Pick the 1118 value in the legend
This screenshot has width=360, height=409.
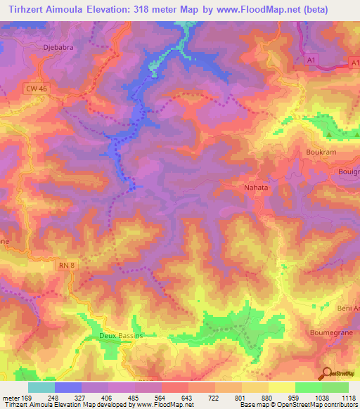coord(348,398)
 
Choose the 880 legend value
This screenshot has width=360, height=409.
coord(267,398)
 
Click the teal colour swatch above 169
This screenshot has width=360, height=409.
coord(41,387)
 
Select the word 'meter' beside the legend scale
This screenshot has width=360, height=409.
coord(11,398)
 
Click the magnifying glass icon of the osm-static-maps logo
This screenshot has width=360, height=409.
coord(327,372)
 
